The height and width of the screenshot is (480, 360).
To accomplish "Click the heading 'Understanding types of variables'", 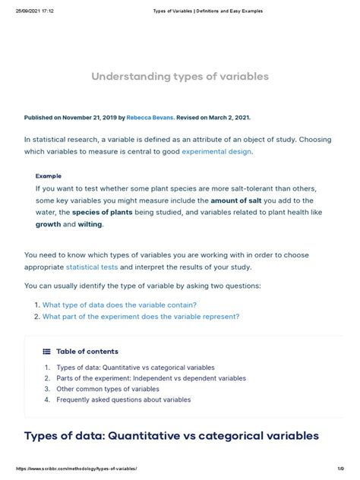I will click(180, 77).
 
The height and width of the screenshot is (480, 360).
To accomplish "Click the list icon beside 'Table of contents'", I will click(46, 352).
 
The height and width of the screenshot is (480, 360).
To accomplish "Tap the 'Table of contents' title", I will click(87, 352).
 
